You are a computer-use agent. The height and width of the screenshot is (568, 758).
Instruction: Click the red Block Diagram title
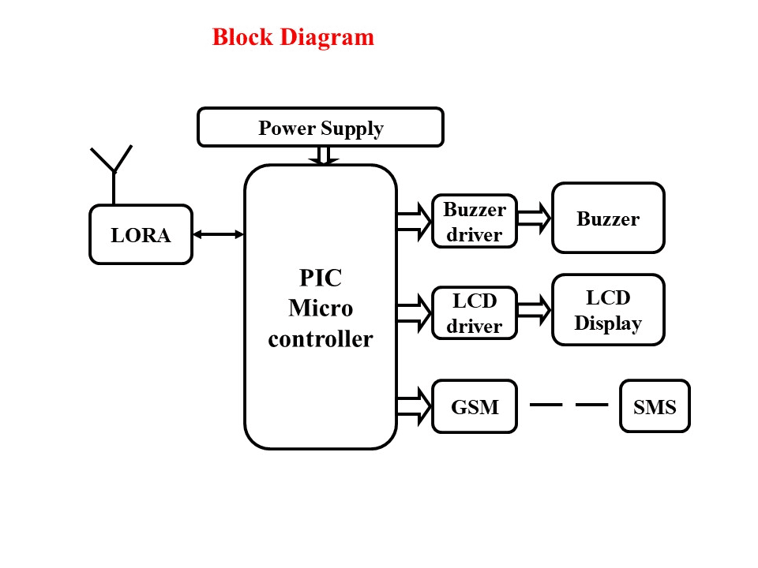click(293, 37)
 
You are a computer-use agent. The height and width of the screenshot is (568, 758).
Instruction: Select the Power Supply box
click(320, 128)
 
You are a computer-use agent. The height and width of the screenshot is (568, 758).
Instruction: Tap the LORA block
click(141, 234)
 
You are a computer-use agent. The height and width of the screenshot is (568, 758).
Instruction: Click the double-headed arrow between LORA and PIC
click(218, 234)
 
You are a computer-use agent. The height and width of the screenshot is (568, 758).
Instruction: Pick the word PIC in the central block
click(320, 278)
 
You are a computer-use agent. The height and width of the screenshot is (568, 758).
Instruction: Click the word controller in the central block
click(320, 338)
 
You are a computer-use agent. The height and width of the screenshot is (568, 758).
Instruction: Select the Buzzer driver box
click(474, 222)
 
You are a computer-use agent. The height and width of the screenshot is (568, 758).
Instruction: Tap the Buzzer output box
click(607, 219)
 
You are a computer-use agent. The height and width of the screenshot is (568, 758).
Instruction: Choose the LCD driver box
click(474, 313)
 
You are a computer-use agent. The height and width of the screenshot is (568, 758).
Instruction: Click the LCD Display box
click(607, 310)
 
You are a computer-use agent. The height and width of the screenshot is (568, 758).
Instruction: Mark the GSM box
click(474, 406)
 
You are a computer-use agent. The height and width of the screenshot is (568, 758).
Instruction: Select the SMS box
click(654, 406)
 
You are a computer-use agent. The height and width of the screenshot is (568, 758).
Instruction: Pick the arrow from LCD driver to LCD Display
click(534, 310)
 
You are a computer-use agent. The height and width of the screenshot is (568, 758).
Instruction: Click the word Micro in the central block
click(320, 308)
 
